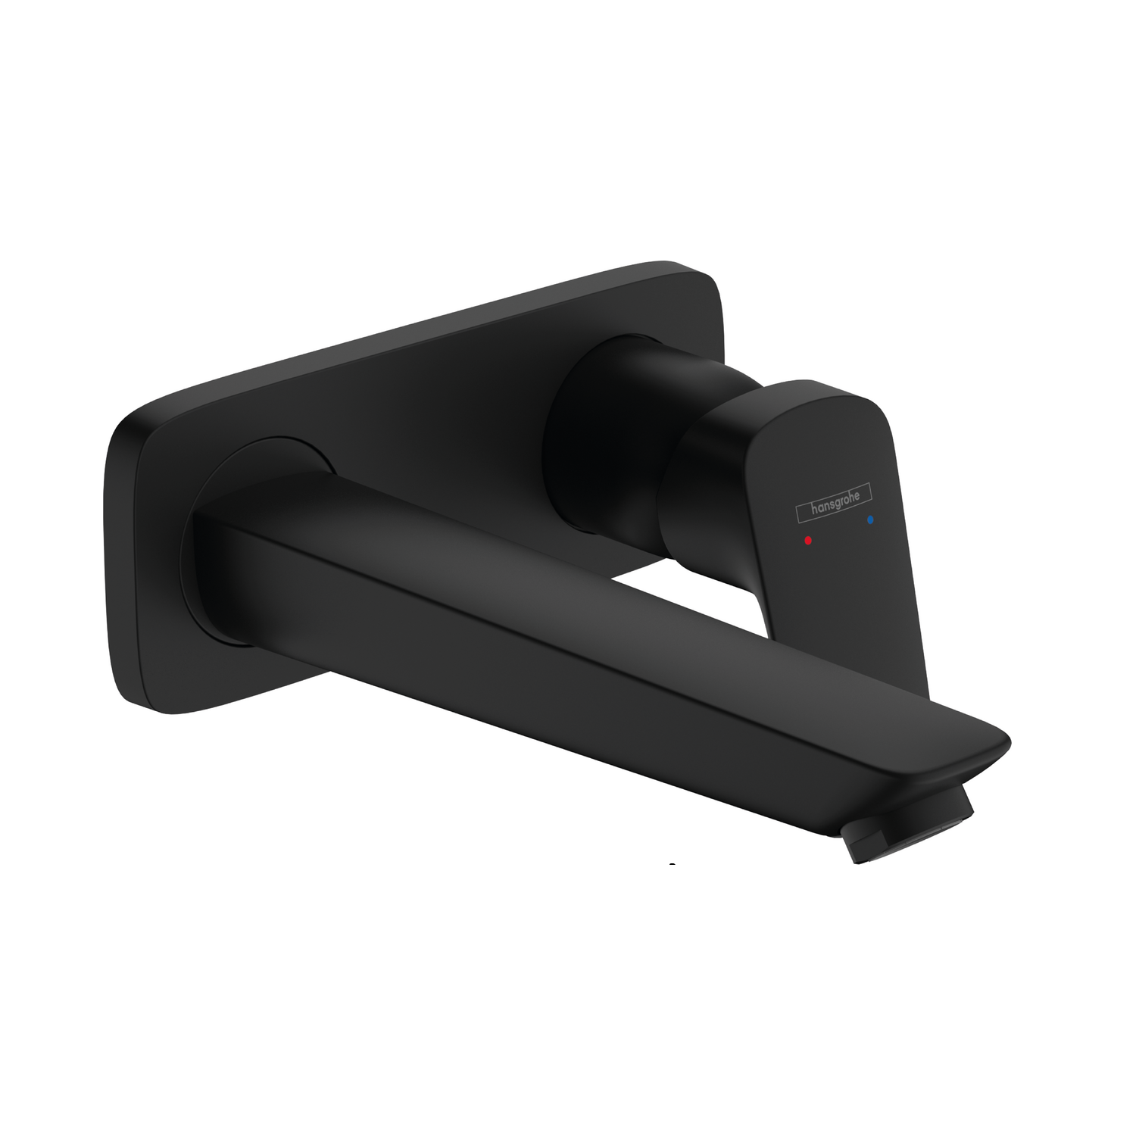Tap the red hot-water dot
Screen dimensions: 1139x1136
point(809,541)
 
